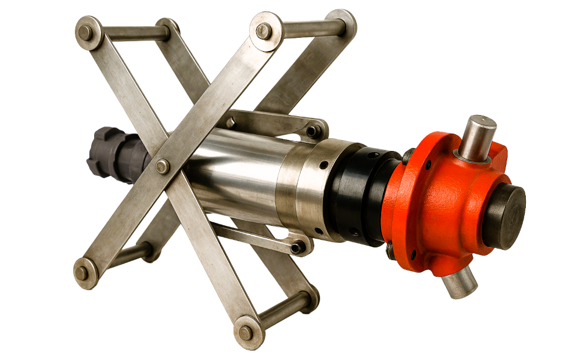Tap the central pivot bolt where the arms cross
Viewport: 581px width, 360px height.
tap(163, 166)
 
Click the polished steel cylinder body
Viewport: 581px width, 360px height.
tap(238, 174)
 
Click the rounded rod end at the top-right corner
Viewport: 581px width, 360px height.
tap(345, 22)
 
